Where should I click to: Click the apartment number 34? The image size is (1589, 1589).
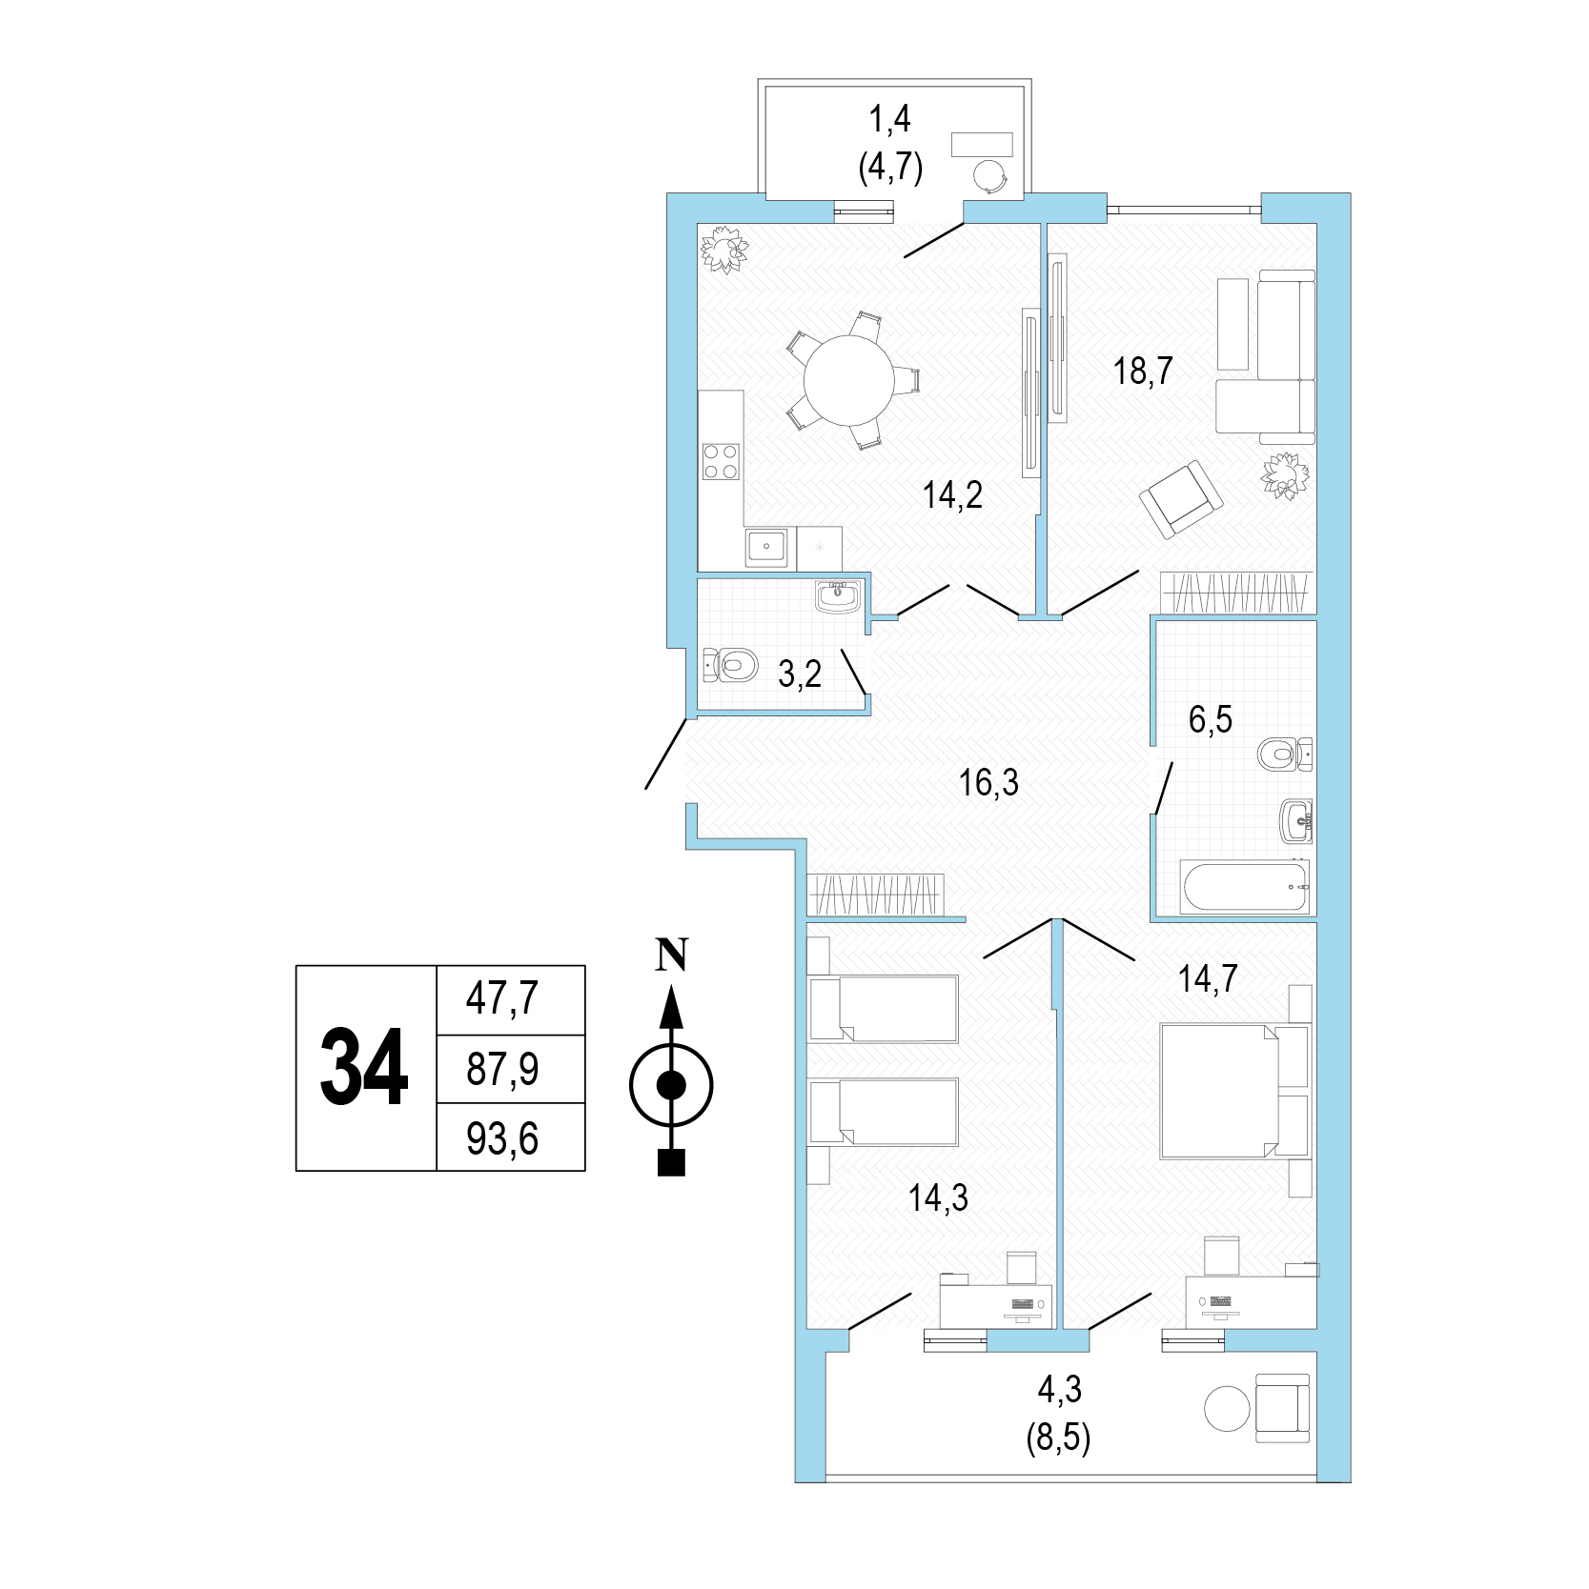coord(365,1068)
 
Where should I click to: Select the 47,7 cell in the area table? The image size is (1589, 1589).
coord(510,1000)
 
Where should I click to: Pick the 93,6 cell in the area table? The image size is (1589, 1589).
coord(510,1137)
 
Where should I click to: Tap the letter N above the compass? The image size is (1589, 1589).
coord(673,955)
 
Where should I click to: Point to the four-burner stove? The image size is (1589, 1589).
coord(721,462)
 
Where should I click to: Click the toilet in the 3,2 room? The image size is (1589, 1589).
coord(730,664)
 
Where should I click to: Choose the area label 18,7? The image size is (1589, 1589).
coord(1143,370)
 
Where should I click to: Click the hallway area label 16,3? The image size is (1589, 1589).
coord(988,783)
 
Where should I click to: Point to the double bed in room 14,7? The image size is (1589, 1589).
coord(1234,1092)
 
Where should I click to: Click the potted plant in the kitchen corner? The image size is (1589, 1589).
coord(725,250)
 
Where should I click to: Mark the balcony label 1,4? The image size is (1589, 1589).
coord(889,119)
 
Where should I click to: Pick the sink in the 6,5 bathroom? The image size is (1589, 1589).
coord(1296,820)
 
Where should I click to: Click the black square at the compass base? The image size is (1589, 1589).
coord(672,1163)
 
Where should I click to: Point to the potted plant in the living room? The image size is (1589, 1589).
coord(1284,474)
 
